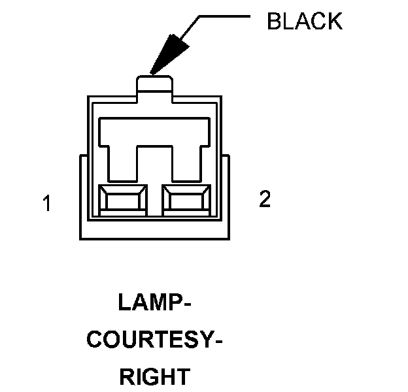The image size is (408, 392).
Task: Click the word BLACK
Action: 304,21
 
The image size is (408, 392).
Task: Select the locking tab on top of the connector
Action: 154,86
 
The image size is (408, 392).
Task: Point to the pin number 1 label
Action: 46,204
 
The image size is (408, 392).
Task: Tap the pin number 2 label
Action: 264,200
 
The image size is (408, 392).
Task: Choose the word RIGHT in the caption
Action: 155,377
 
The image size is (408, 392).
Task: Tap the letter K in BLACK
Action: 333,21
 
